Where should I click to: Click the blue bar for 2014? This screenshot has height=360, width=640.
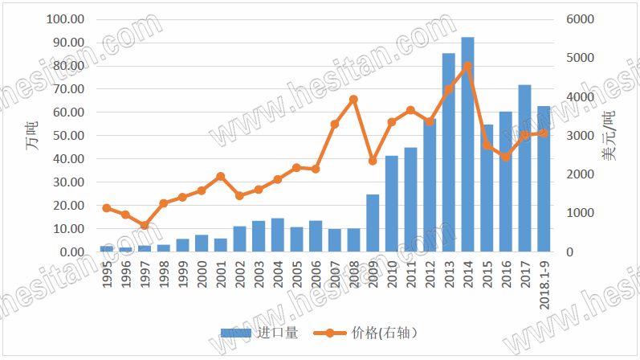[x=467, y=145]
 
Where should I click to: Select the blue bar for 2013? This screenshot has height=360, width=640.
[x=448, y=153]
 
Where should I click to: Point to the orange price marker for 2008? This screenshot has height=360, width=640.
[x=353, y=100]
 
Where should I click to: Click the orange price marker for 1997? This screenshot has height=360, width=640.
[x=145, y=226]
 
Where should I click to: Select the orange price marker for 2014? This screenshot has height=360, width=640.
[x=467, y=66]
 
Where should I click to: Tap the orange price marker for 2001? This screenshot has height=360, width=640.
[x=221, y=176]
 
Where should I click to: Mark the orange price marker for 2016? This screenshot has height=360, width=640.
[x=505, y=157]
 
